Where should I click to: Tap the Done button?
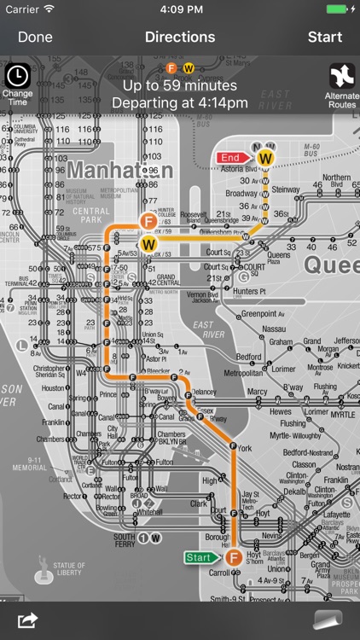[x=35, y=38]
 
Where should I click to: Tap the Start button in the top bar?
[x=325, y=38]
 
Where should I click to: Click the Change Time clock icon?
[x=17, y=74]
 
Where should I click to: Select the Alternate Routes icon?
[x=342, y=76]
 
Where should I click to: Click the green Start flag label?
[x=200, y=557]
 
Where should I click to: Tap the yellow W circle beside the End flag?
[x=265, y=158]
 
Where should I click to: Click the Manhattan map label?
[x=119, y=170]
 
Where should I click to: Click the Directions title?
[x=180, y=38]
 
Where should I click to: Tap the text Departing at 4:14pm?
[x=180, y=103]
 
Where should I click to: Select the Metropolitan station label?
[x=243, y=373]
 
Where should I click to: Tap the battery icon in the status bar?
[x=338, y=9]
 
